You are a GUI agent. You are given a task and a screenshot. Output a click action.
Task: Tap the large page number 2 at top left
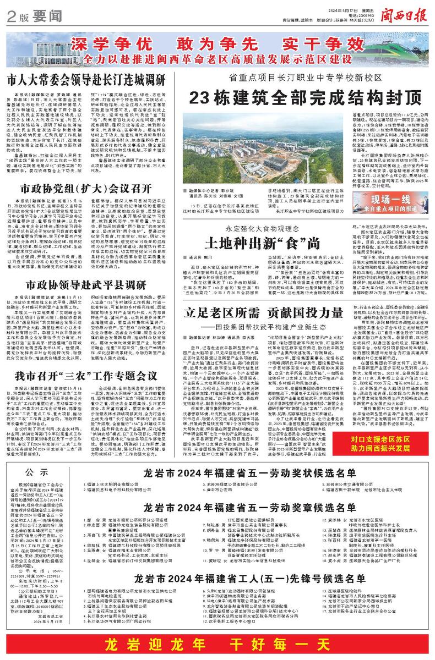(10, 16)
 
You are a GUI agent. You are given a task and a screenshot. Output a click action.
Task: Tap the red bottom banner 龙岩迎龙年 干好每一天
(217, 642)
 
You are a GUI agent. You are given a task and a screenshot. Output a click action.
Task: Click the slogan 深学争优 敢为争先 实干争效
(218, 45)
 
